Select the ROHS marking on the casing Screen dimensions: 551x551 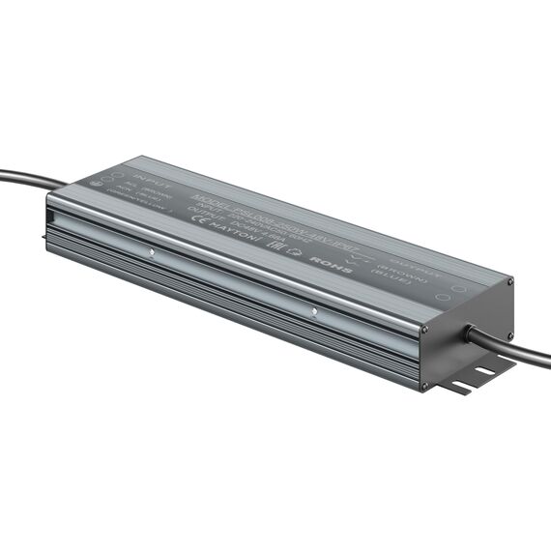pyautogui.click(x=321, y=259)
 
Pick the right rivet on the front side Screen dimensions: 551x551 pyautogui.click(x=314, y=311)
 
